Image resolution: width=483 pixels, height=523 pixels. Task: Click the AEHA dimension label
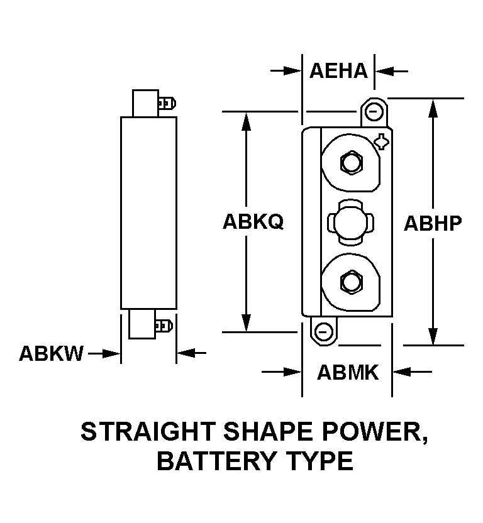338,70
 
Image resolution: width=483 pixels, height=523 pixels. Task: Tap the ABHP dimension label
433,223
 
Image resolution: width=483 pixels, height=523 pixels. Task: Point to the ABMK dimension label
347,373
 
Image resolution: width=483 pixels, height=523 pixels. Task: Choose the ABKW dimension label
51,354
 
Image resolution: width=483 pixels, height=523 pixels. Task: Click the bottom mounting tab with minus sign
323,330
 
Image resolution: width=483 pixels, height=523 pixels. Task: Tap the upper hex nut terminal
350,163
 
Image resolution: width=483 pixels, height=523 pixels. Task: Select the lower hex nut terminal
350,281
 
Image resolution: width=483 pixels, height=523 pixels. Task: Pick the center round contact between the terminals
350,222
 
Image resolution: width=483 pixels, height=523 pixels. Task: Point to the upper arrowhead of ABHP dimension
433,108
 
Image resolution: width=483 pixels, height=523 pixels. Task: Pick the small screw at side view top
167,102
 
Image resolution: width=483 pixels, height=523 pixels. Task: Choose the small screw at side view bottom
164,326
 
